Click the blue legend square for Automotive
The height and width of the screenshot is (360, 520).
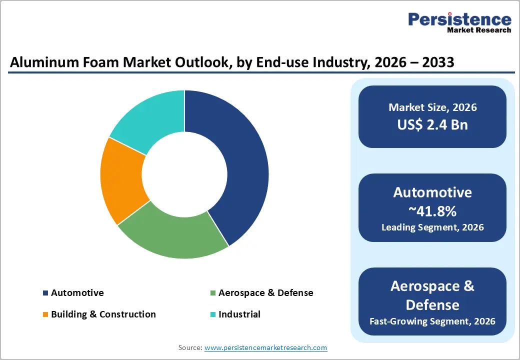click(46, 293)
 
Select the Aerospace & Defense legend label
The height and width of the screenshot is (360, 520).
click(265, 293)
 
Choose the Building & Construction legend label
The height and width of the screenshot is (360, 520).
click(103, 314)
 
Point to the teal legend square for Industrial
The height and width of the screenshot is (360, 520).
click(213, 314)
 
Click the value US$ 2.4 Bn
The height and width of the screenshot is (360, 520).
click(432, 124)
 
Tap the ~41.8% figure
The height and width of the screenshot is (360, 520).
click(432, 211)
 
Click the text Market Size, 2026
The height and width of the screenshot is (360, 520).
click(432, 107)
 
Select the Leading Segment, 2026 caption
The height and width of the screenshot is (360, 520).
click(432, 227)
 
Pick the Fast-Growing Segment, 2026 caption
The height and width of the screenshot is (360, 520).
click(432, 321)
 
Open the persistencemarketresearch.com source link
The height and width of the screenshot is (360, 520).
click(265, 347)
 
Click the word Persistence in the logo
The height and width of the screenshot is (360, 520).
click(459, 19)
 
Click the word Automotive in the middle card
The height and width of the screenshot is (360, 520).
click(432, 192)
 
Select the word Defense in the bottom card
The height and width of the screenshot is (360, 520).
click(432, 304)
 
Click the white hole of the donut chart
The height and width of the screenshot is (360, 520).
click(184, 174)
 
